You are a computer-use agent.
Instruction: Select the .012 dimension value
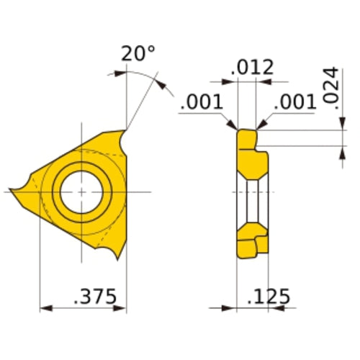252,68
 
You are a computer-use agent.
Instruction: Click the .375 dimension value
96,297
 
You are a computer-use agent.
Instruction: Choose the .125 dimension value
268,297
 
